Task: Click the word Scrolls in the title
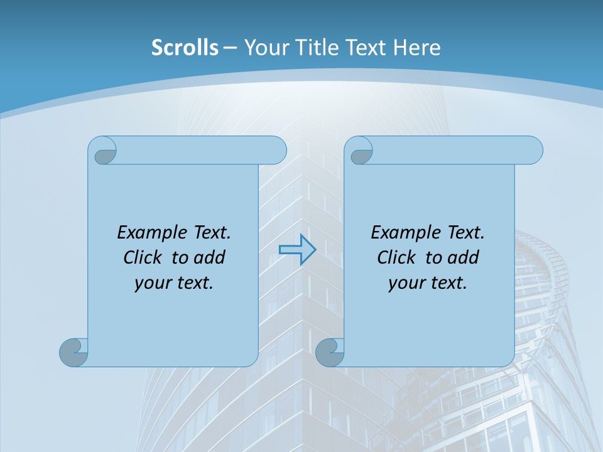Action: tap(185, 48)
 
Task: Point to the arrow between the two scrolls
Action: tap(297, 250)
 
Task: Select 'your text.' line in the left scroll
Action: tap(174, 283)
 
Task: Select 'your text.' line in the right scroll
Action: tap(428, 283)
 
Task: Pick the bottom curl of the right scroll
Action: tap(330, 352)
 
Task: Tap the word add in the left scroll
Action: tap(210, 257)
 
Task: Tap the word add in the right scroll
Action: tap(464, 257)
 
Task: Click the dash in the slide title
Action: tap(230, 48)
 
